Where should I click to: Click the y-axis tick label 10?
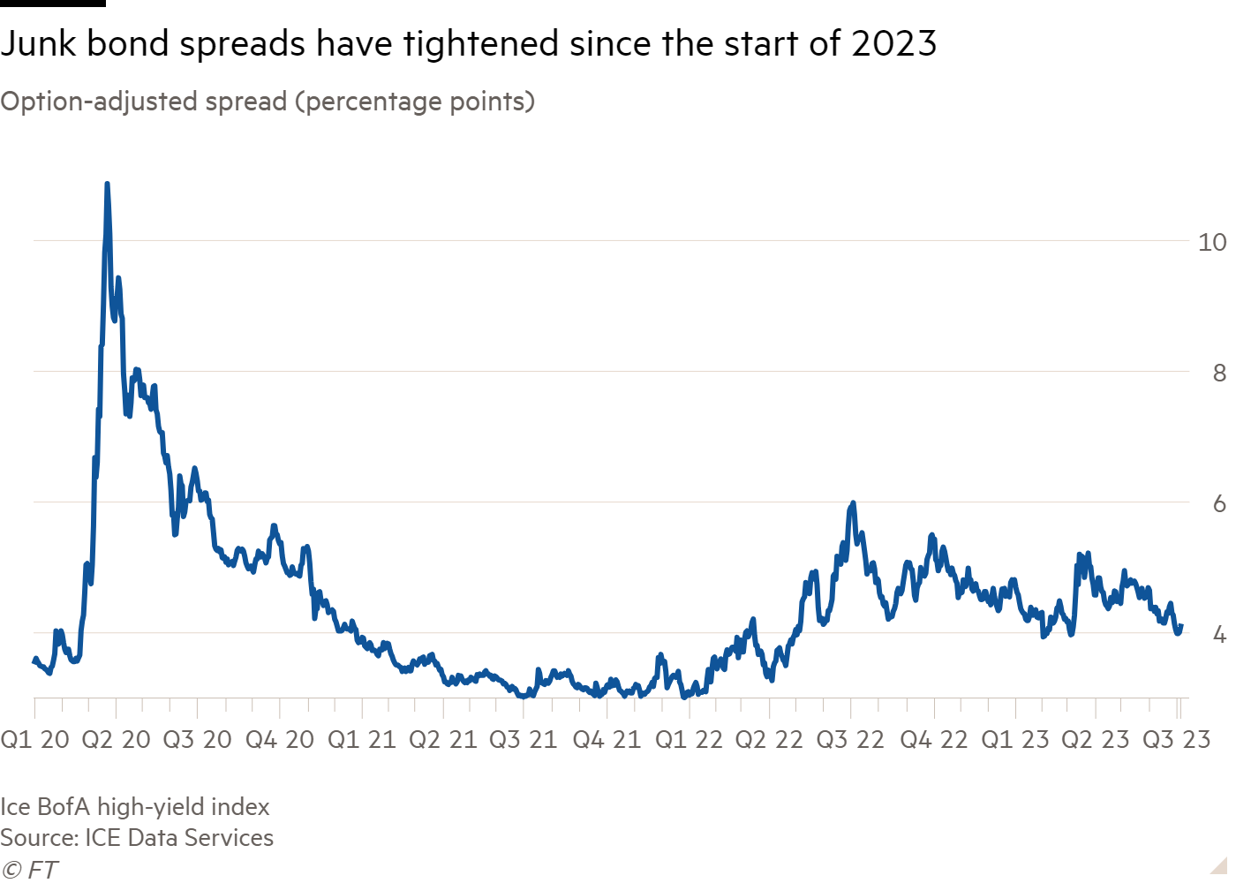click(x=1211, y=242)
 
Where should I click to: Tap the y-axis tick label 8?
click(x=1219, y=373)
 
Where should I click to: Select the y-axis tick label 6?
click(x=1219, y=503)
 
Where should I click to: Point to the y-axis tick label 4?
click(x=1219, y=634)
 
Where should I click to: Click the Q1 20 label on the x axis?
click(x=34, y=740)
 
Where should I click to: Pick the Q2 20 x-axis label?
click(x=116, y=740)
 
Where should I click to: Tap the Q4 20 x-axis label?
click(x=279, y=740)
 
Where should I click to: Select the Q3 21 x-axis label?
click(x=524, y=740)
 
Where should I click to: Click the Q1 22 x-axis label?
click(x=689, y=740)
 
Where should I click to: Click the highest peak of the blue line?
click(x=107, y=184)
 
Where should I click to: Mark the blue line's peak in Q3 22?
click(x=852, y=502)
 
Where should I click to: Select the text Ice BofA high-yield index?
click(x=135, y=807)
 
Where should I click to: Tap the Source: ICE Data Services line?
click(x=137, y=838)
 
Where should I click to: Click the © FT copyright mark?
click(x=28, y=870)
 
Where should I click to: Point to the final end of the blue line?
click(x=1180, y=626)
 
